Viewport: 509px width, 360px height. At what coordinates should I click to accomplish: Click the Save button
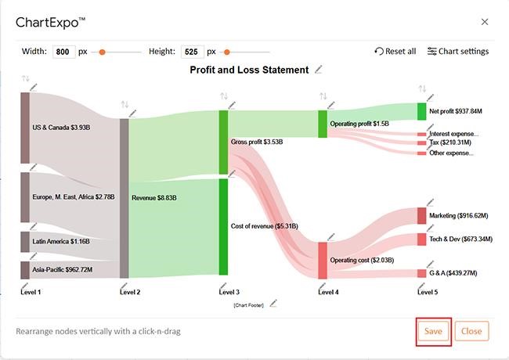pyautogui.click(x=433, y=331)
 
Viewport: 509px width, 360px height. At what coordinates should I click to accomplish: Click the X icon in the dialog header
pyautogui.click(x=485, y=22)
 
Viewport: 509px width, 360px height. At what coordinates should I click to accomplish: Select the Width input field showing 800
pyautogui.click(x=63, y=52)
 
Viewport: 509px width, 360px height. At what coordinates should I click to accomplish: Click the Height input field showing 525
pyautogui.click(x=192, y=52)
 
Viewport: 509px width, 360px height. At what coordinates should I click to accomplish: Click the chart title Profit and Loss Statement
pyautogui.click(x=249, y=70)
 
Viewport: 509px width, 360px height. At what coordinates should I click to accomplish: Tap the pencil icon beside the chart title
pyautogui.click(x=319, y=70)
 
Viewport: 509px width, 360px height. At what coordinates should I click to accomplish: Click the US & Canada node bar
pyautogui.click(x=25, y=128)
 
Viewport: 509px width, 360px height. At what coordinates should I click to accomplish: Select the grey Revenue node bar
pyautogui.click(x=124, y=198)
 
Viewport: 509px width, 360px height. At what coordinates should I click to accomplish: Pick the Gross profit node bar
pyautogui.click(x=223, y=142)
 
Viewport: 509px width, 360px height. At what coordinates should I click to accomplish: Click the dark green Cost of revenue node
pyautogui.click(x=223, y=226)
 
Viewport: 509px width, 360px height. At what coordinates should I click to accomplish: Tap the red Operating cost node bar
pyautogui.click(x=323, y=260)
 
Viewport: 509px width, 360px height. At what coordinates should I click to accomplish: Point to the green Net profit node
pyautogui.click(x=422, y=111)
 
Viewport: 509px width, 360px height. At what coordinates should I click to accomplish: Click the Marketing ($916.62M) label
pyautogui.click(x=459, y=216)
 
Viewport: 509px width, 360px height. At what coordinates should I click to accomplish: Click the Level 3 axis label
pyautogui.click(x=229, y=292)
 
